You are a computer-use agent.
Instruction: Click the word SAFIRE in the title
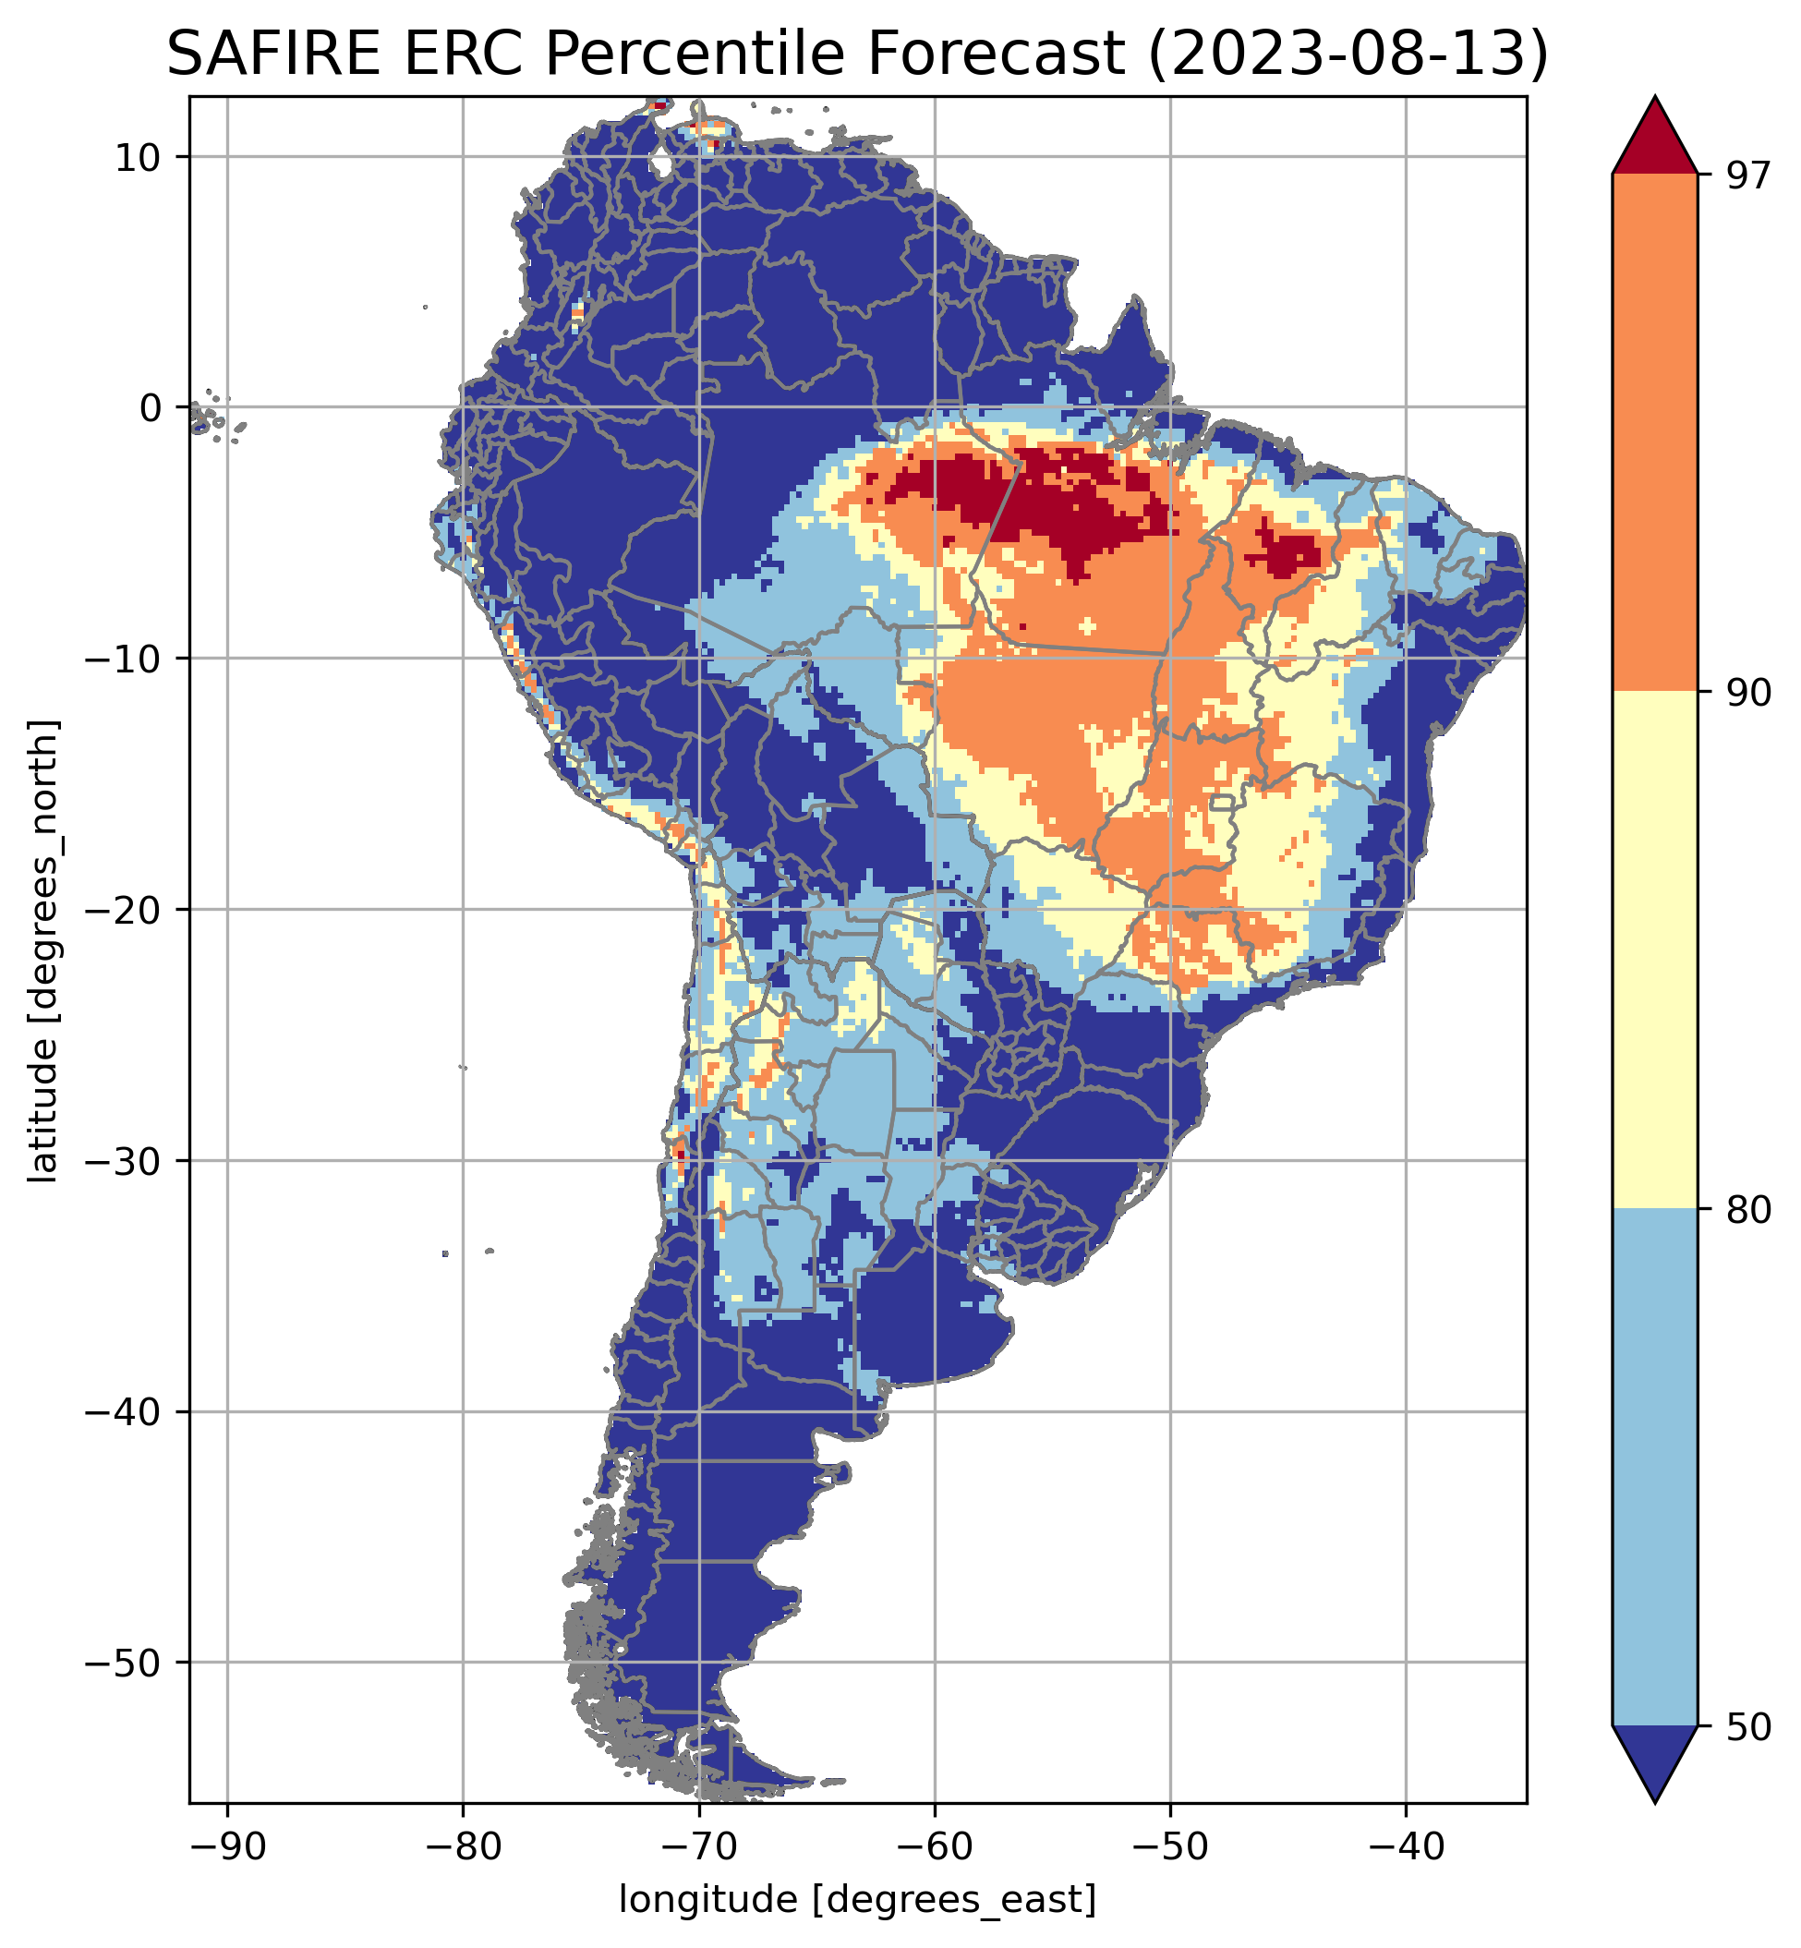click(x=275, y=54)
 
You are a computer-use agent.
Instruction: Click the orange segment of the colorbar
click(x=1655, y=433)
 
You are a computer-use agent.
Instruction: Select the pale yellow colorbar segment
click(x=1655, y=950)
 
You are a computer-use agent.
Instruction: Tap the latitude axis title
click(x=45, y=951)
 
